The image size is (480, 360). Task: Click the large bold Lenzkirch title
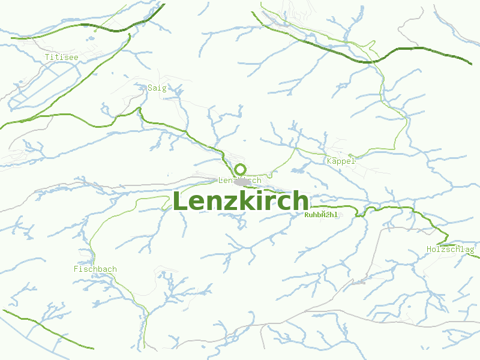coord(241,202)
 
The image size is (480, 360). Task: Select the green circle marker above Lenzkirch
coord(241,169)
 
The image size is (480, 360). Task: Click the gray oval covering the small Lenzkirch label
coord(243,181)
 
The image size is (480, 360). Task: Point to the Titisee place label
coord(61,57)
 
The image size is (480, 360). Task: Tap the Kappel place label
coord(341,161)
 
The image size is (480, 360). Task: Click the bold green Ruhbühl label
coord(321,215)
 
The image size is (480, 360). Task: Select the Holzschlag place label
coord(450,249)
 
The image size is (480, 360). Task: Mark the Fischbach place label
coord(95,269)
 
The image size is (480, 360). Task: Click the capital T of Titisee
coord(47,57)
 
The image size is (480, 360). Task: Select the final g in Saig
coord(163,88)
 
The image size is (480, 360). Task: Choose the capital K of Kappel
coord(329,161)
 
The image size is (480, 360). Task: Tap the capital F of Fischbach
coord(76,269)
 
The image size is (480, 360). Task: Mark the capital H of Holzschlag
coord(428,249)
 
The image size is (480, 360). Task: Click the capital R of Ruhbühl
coord(307,215)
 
